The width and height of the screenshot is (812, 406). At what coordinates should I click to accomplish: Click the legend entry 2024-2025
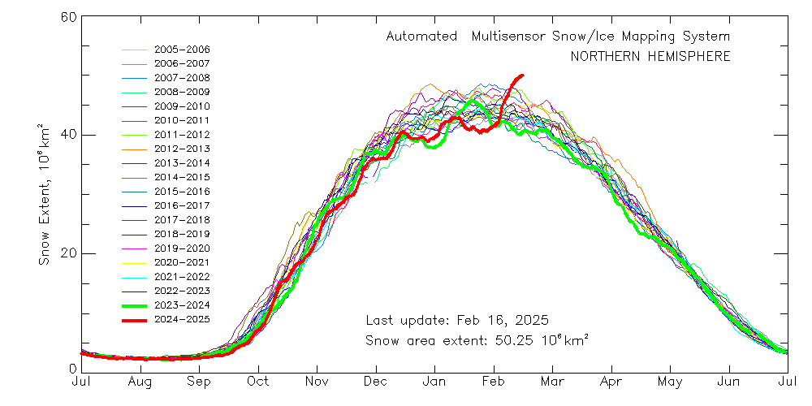click(182, 319)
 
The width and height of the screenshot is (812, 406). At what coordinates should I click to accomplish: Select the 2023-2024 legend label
click(182, 304)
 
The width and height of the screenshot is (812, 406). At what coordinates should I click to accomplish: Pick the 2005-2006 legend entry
click(182, 49)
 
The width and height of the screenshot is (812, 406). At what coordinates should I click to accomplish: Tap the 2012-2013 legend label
click(182, 149)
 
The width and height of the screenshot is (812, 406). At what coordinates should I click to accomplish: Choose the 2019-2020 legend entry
click(182, 248)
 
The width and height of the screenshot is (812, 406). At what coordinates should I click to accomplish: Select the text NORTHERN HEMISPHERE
click(650, 57)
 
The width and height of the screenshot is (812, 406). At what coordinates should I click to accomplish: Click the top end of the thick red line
click(522, 76)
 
